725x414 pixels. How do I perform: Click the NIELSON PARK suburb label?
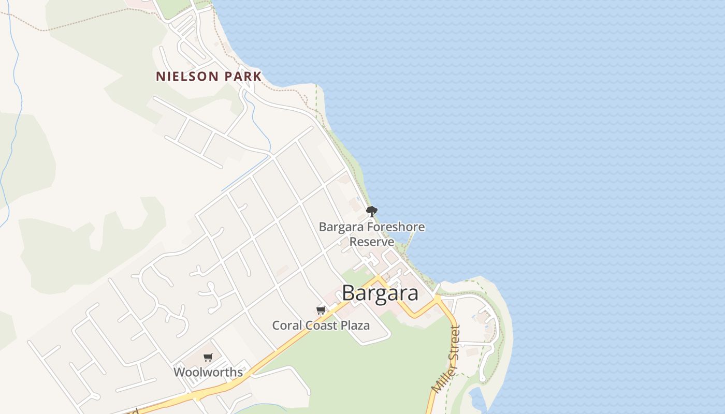coord(209,77)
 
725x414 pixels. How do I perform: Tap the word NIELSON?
coord(187,77)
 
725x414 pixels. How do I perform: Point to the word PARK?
coord(243,77)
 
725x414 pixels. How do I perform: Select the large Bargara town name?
coord(380,293)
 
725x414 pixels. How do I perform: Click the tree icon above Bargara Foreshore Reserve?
coord(371,211)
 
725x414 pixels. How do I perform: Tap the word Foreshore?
coord(396,227)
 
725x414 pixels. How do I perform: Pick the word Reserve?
coord(372,242)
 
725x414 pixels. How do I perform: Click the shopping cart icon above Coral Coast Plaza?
coord(321,310)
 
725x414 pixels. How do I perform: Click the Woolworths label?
coord(208,372)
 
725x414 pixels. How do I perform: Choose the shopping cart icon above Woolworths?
coord(208,357)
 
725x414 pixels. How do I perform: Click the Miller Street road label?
coord(446,358)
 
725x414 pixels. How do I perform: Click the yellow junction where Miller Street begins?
coord(438,299)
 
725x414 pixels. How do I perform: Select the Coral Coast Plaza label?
coord(321,326)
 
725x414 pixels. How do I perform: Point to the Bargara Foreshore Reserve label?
coord(372,234)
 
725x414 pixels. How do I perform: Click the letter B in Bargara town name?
coord(349,293)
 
